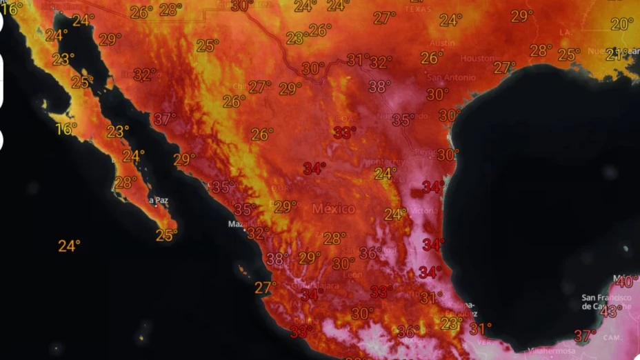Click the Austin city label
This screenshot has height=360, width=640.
click(x=443, y=43)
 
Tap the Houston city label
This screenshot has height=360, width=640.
click(x=477, y=59)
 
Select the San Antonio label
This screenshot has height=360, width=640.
click(x=440, y=78)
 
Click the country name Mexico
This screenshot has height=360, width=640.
click(x=334, y=208)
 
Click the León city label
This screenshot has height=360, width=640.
click(x=353, y=274)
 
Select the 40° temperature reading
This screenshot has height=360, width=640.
click(x=627, y=281)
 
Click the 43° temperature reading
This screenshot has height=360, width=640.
click(x=610, y=311)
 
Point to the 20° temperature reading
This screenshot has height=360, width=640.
click(x=621, y=24)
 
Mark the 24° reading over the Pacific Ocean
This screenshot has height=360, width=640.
click(x=69, y=246)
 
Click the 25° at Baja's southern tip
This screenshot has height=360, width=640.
click(x=166, y=235)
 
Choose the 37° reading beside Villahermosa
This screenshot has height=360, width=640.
click(x=585, y=337)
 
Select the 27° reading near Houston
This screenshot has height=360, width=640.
click(x=504, y=68)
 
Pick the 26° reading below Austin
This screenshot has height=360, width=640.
click(x=432, y=59)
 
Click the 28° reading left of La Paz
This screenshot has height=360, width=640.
click(x=126, y=183)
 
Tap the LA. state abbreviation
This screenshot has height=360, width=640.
click(x=565, y=32)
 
